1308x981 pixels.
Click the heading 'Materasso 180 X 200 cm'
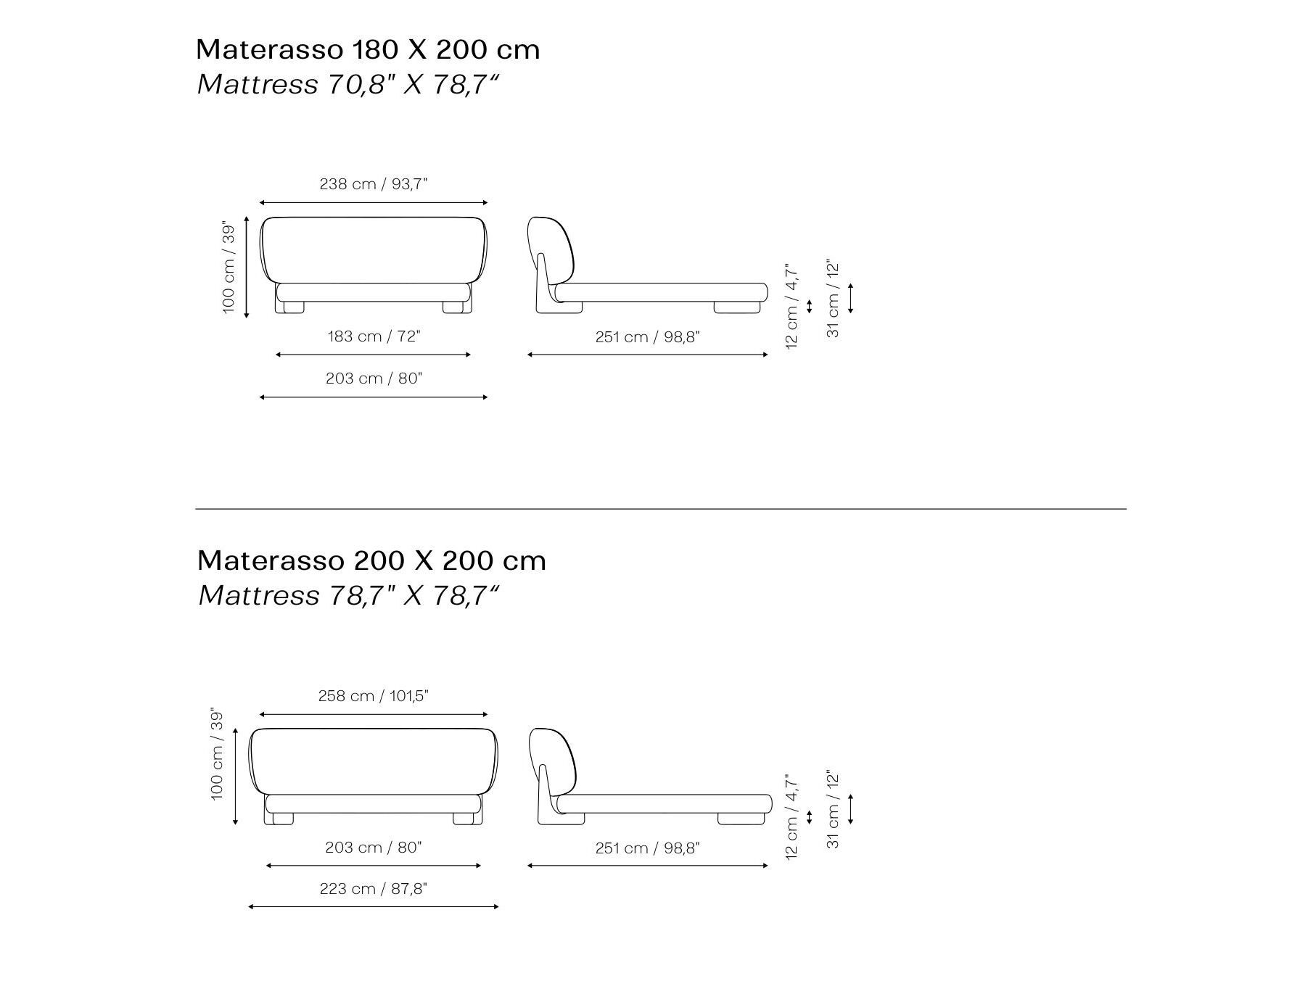pyautogui.click(x=368, y=50)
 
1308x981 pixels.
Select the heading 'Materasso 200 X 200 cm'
pyautogui.click(x=371, y=560)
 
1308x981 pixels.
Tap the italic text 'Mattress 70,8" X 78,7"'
pyautogui.click(x=347, y=85)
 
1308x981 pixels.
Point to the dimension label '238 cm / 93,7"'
pyautogui.click(x=374, y=184)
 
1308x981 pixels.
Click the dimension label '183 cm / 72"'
pyautogui.click(x=374, y=336)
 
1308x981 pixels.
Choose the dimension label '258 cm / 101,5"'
pyautogui.click(x=374, y=696)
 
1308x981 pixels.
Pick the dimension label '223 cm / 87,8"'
pyautogui.click(x=374, y=889)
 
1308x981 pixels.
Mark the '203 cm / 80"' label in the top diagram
pyautogui.click(x=374, y=378)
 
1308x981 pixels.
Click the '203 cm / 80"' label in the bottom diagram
pyautogui.click(x=374, y=848)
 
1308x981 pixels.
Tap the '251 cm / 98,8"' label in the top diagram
pyautogui.click(x=647, y=337)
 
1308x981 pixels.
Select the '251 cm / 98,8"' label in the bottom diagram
pyautogui.click(x=647, y=848)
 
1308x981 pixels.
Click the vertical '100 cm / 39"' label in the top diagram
pyautogui.click(x=229, y=268)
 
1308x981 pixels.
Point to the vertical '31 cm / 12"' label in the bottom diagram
pyautogui.click(x=833, y=809)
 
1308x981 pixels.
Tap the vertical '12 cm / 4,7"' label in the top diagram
pyautogui.click(x=791, y=306)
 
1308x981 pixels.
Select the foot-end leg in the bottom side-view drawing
pyautogui.click(x=741, y=819)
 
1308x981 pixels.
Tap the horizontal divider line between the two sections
pyautogui.click(x=660, y=509)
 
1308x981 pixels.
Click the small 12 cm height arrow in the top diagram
pyautogui.click(x=810, y=306)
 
